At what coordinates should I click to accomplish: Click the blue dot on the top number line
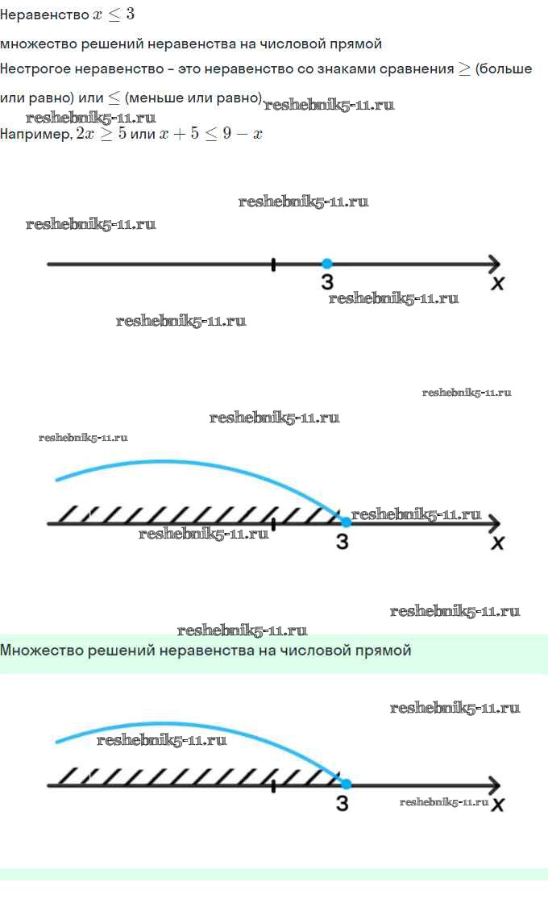[x=326, y=264]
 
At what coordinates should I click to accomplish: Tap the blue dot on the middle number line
[x=346, y=522]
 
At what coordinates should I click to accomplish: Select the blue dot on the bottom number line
[x=346, y=784]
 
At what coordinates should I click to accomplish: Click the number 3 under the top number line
[x=326, y=281]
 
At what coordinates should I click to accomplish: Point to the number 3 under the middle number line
[x=342, y=542]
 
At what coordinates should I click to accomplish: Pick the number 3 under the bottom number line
[x=342, y=803]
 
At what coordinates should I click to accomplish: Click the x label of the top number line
[x=498, y=283]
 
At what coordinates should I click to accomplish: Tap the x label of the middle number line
[x=498, y=543]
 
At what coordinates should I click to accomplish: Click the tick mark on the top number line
[x=274, y=264]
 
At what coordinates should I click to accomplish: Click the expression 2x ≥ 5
[x=100, y=135]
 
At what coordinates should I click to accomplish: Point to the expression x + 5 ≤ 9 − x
[x=210, y=135]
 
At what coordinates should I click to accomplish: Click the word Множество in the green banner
[x=37, y=650]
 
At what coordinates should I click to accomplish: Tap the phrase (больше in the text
[x=504, y=69]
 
